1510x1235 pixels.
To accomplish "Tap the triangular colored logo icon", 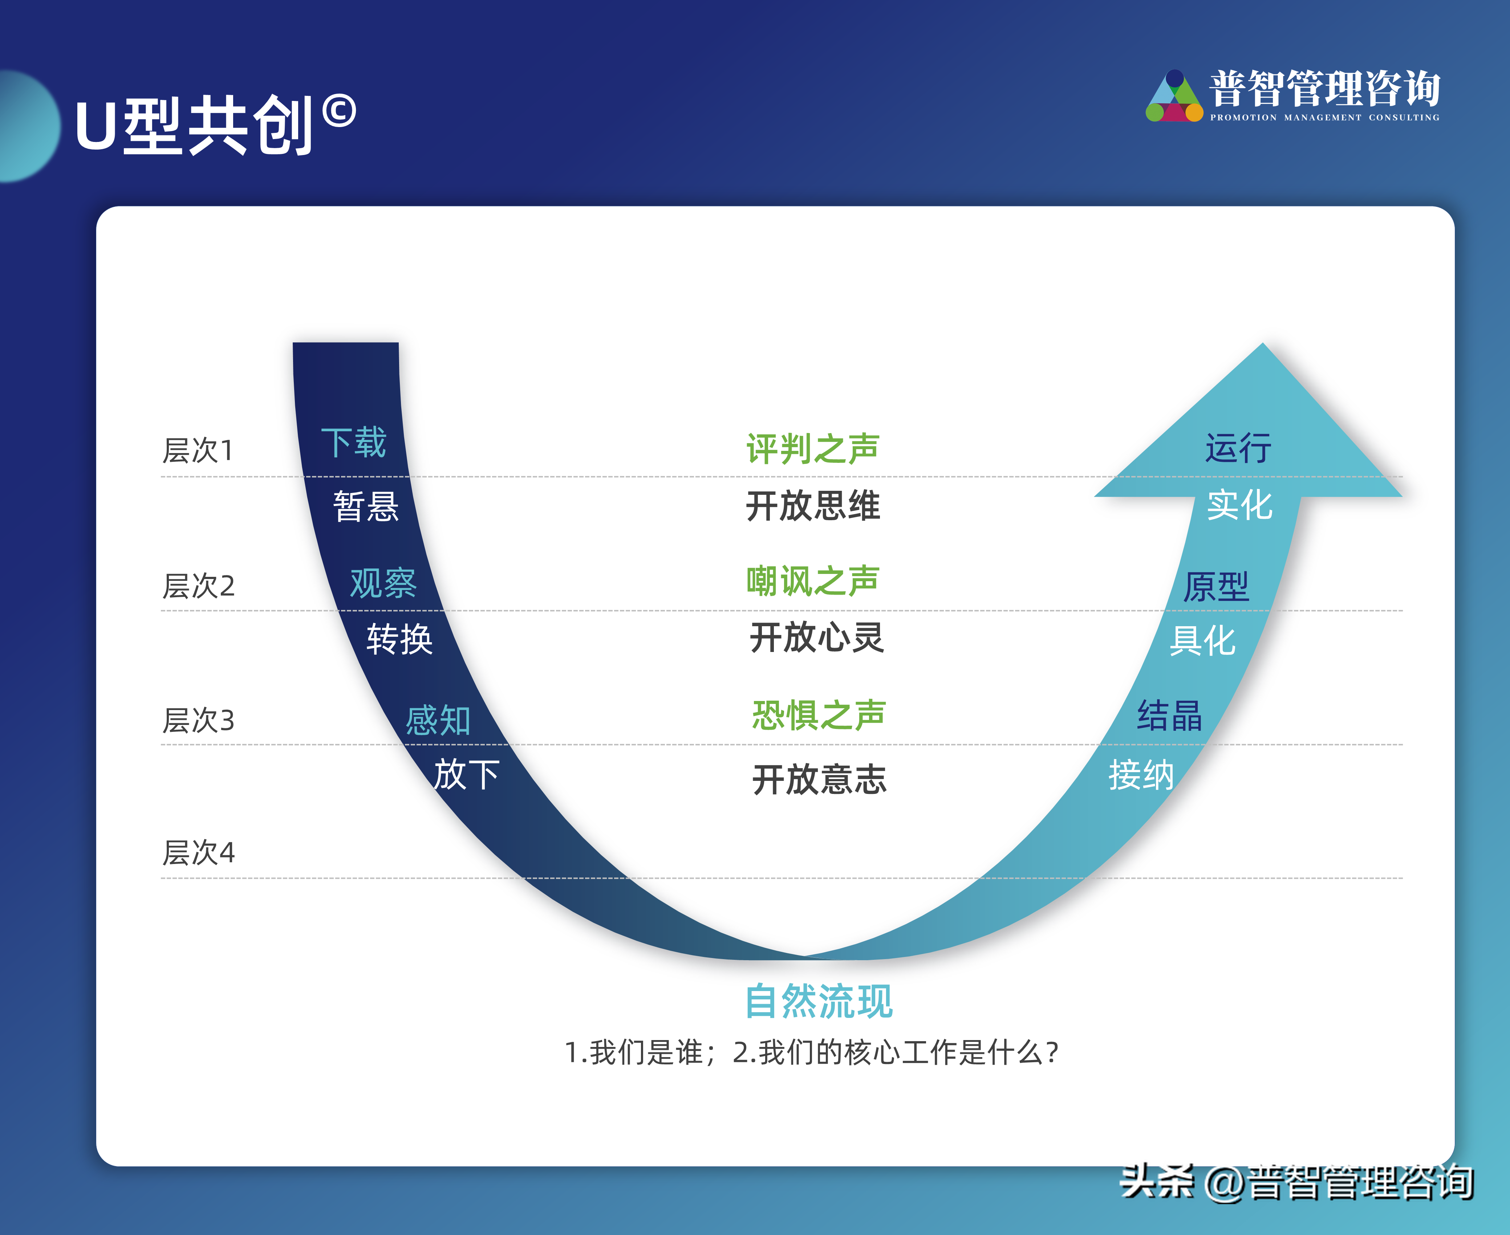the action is [x=1174, y=97].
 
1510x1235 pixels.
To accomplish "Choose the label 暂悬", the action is [x=366, y=506].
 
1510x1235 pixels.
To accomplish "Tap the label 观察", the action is [x=383, y=583].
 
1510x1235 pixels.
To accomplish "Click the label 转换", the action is [x=399, y=639].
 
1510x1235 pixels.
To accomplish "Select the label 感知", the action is [x=438, y=720].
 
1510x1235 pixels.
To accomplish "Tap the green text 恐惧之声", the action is [x=818, y=715].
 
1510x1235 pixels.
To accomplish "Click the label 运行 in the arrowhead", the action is [x=1238, y=448].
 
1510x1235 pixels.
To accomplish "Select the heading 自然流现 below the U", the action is [x=818, y=1002].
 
